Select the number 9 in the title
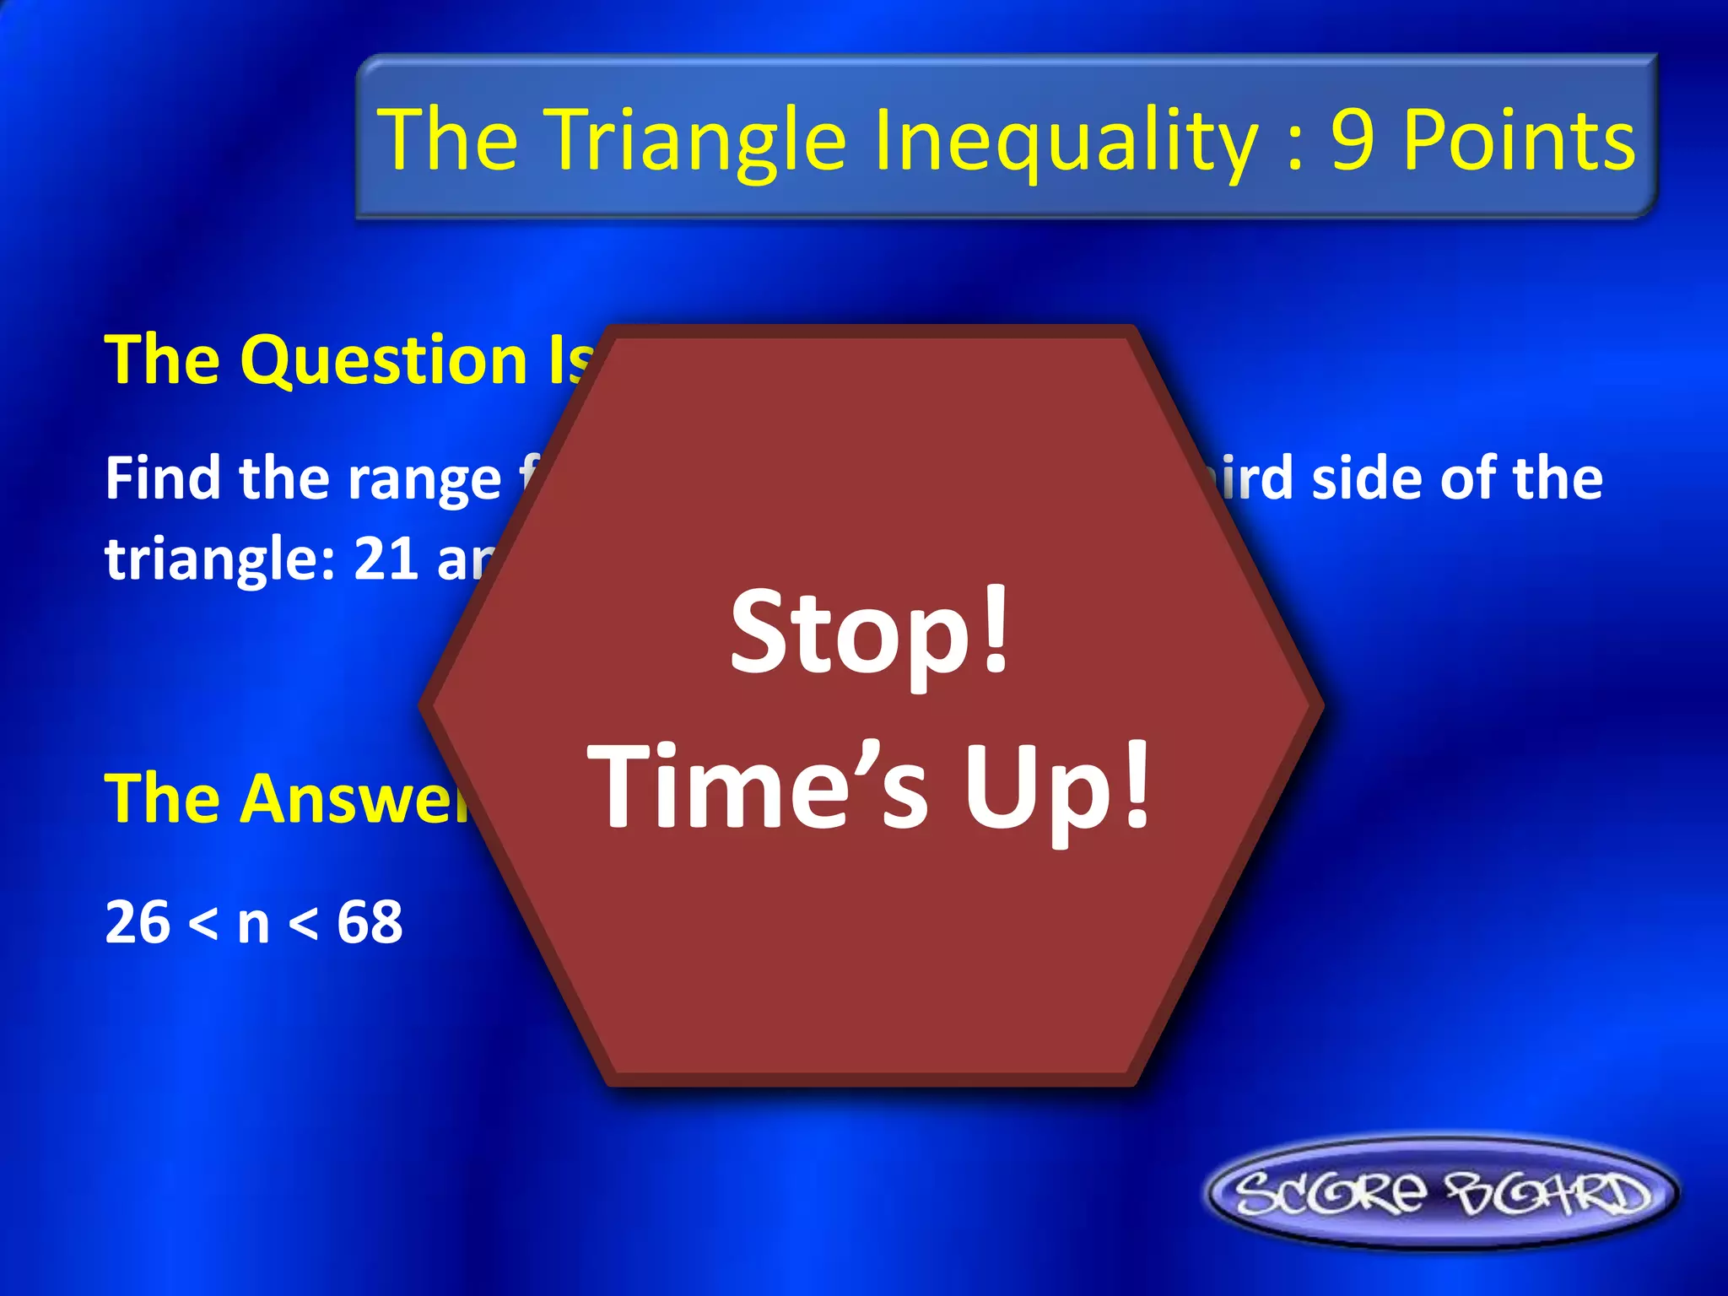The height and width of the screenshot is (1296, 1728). [1353, 140]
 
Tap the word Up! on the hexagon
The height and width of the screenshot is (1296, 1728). [1056, 786]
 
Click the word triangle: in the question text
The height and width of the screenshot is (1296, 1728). [219, 560]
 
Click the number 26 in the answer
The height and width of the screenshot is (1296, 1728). [138, 921]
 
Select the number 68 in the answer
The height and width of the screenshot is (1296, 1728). [370, 921]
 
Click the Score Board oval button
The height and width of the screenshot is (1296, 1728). [1441, 1193]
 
